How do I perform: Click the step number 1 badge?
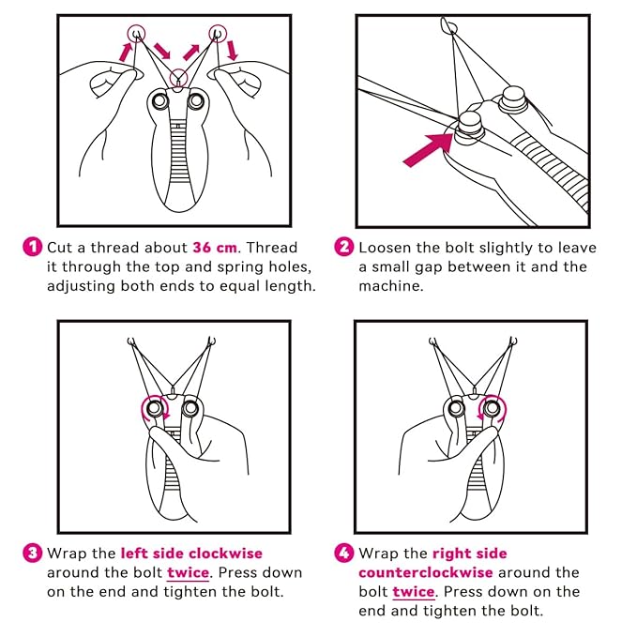33,248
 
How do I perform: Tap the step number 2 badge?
343,248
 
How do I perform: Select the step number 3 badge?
33,553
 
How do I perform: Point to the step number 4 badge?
343,553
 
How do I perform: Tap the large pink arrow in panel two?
432,146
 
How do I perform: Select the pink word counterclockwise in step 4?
426,572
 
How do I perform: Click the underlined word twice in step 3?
189,572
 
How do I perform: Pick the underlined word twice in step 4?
414,592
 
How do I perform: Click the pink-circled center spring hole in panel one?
178,78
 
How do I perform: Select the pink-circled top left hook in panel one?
138,34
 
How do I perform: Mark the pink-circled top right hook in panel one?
219,34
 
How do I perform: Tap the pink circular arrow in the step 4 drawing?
491,409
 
